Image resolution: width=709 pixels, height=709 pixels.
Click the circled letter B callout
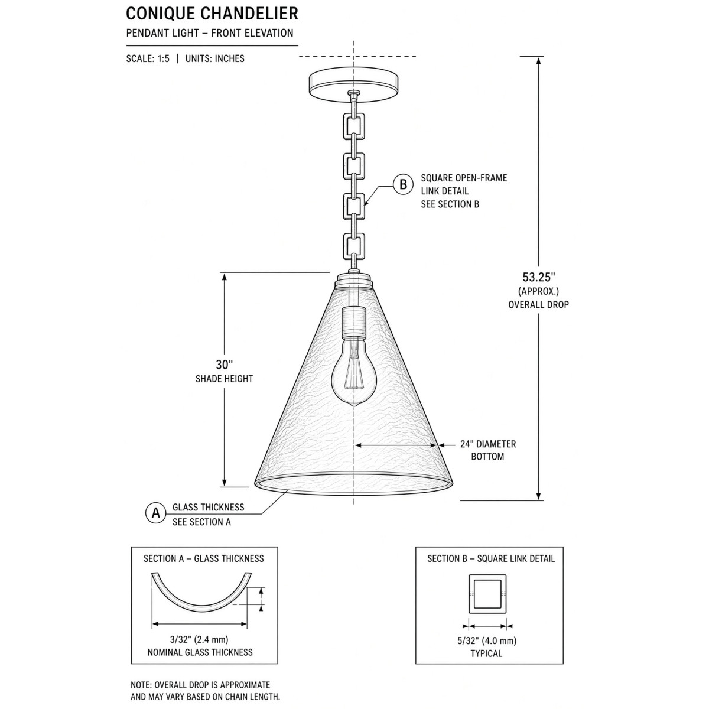tap(403, 184)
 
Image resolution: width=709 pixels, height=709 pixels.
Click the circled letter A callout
tap(155, 513)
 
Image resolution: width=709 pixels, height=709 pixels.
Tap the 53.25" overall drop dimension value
tap(539, 277)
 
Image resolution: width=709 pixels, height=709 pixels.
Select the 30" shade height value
tap(224, 365)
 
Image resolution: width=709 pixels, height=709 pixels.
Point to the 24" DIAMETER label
tap(488, 444)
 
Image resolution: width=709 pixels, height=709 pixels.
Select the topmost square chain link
tap(353, 126)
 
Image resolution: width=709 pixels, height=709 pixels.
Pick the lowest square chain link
tap(353, 246)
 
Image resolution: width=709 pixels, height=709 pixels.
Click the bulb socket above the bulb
tap(353, 323)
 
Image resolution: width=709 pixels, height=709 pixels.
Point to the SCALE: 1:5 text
tap(148, 59)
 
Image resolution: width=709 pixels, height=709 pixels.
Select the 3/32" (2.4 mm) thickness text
tap(199, 639)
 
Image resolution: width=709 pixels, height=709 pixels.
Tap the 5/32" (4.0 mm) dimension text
tap(487, 640)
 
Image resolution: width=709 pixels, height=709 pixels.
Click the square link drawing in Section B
tap(487, 594)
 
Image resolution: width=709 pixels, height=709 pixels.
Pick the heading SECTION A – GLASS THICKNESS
tap(203, 558)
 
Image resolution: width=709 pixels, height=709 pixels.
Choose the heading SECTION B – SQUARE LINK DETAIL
tap(491, 558)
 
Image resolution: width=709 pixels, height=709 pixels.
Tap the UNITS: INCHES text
tap(215, 59)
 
